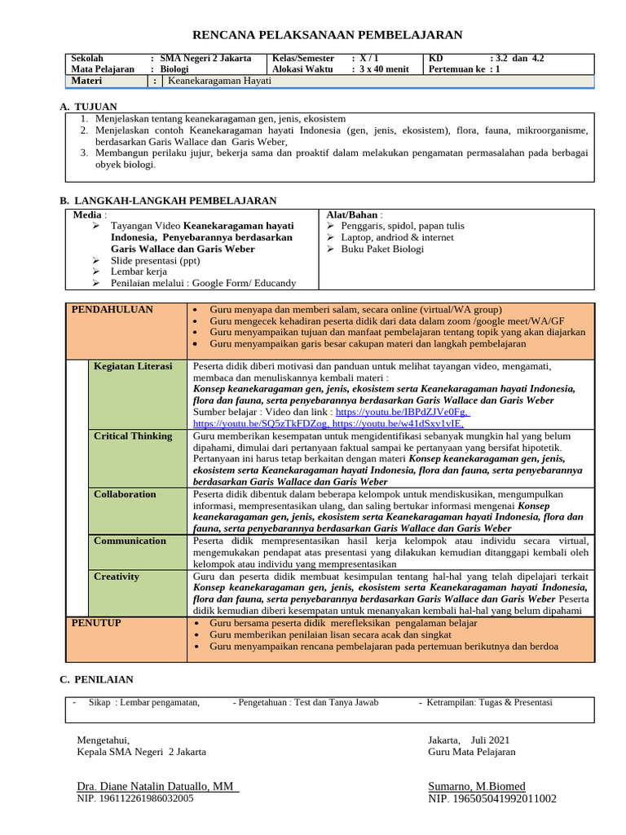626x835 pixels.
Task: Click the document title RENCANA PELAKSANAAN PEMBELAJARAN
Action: pos(326,34)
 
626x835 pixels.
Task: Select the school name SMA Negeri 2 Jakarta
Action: pos(205,59)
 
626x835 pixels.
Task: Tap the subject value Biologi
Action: pos(174,70)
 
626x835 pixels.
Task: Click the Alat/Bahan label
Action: pos(352,214)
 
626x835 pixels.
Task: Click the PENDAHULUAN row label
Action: pos(112,310)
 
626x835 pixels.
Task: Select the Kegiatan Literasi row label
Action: pos(133,366)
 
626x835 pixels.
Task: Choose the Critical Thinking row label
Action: pos(133,436)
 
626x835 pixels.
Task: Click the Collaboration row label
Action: pos(125,494)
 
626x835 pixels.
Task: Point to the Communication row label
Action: pos(130,541)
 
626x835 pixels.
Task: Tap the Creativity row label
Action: pos(117,577)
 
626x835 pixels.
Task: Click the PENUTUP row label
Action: pos(96,623)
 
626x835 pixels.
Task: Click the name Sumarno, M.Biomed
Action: pos(477,786)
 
